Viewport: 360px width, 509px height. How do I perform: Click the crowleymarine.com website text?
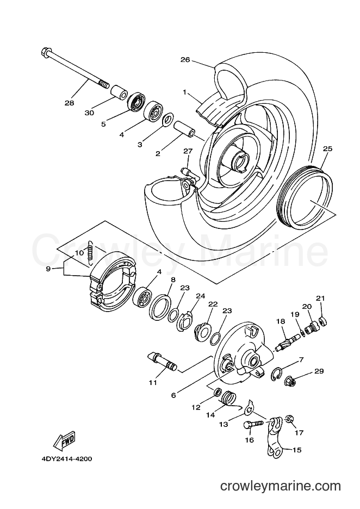(281, 486)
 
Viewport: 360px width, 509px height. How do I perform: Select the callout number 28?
(70, 103)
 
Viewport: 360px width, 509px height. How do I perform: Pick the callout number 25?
(327, 148)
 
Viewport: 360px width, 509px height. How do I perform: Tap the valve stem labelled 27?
(190, 172)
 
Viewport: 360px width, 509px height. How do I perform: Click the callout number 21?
(320, 298)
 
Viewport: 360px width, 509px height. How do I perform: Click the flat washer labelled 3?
(167, 120)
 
